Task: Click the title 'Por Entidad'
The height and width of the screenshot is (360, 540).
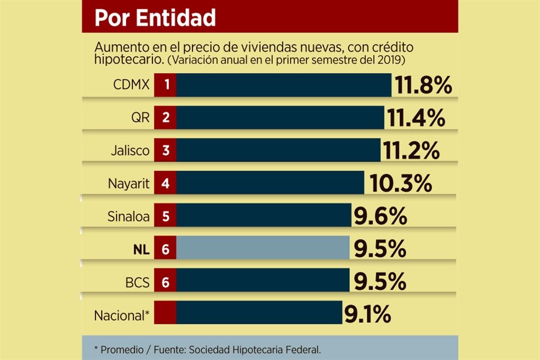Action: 155,17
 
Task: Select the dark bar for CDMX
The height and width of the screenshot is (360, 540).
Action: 283,85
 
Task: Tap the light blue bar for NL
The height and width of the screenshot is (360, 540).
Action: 263,248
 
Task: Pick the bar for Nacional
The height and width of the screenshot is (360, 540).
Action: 259,313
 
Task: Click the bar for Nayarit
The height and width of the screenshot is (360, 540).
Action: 270,183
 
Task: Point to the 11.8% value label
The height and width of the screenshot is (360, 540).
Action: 423,86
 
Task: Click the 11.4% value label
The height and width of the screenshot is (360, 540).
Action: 416,118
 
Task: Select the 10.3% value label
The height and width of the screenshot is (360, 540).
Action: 400,183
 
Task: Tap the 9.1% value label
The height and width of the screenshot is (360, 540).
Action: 367,314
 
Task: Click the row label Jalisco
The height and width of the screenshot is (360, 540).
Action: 131,151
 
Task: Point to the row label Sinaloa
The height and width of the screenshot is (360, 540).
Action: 128,216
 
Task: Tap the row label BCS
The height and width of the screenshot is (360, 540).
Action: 137,281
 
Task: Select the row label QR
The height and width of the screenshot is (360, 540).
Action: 139,118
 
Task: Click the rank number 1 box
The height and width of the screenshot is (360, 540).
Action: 166,85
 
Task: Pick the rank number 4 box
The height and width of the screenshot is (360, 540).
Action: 166,183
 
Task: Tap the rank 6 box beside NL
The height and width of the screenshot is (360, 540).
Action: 166,249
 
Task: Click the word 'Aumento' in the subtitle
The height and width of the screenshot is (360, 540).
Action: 116,47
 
